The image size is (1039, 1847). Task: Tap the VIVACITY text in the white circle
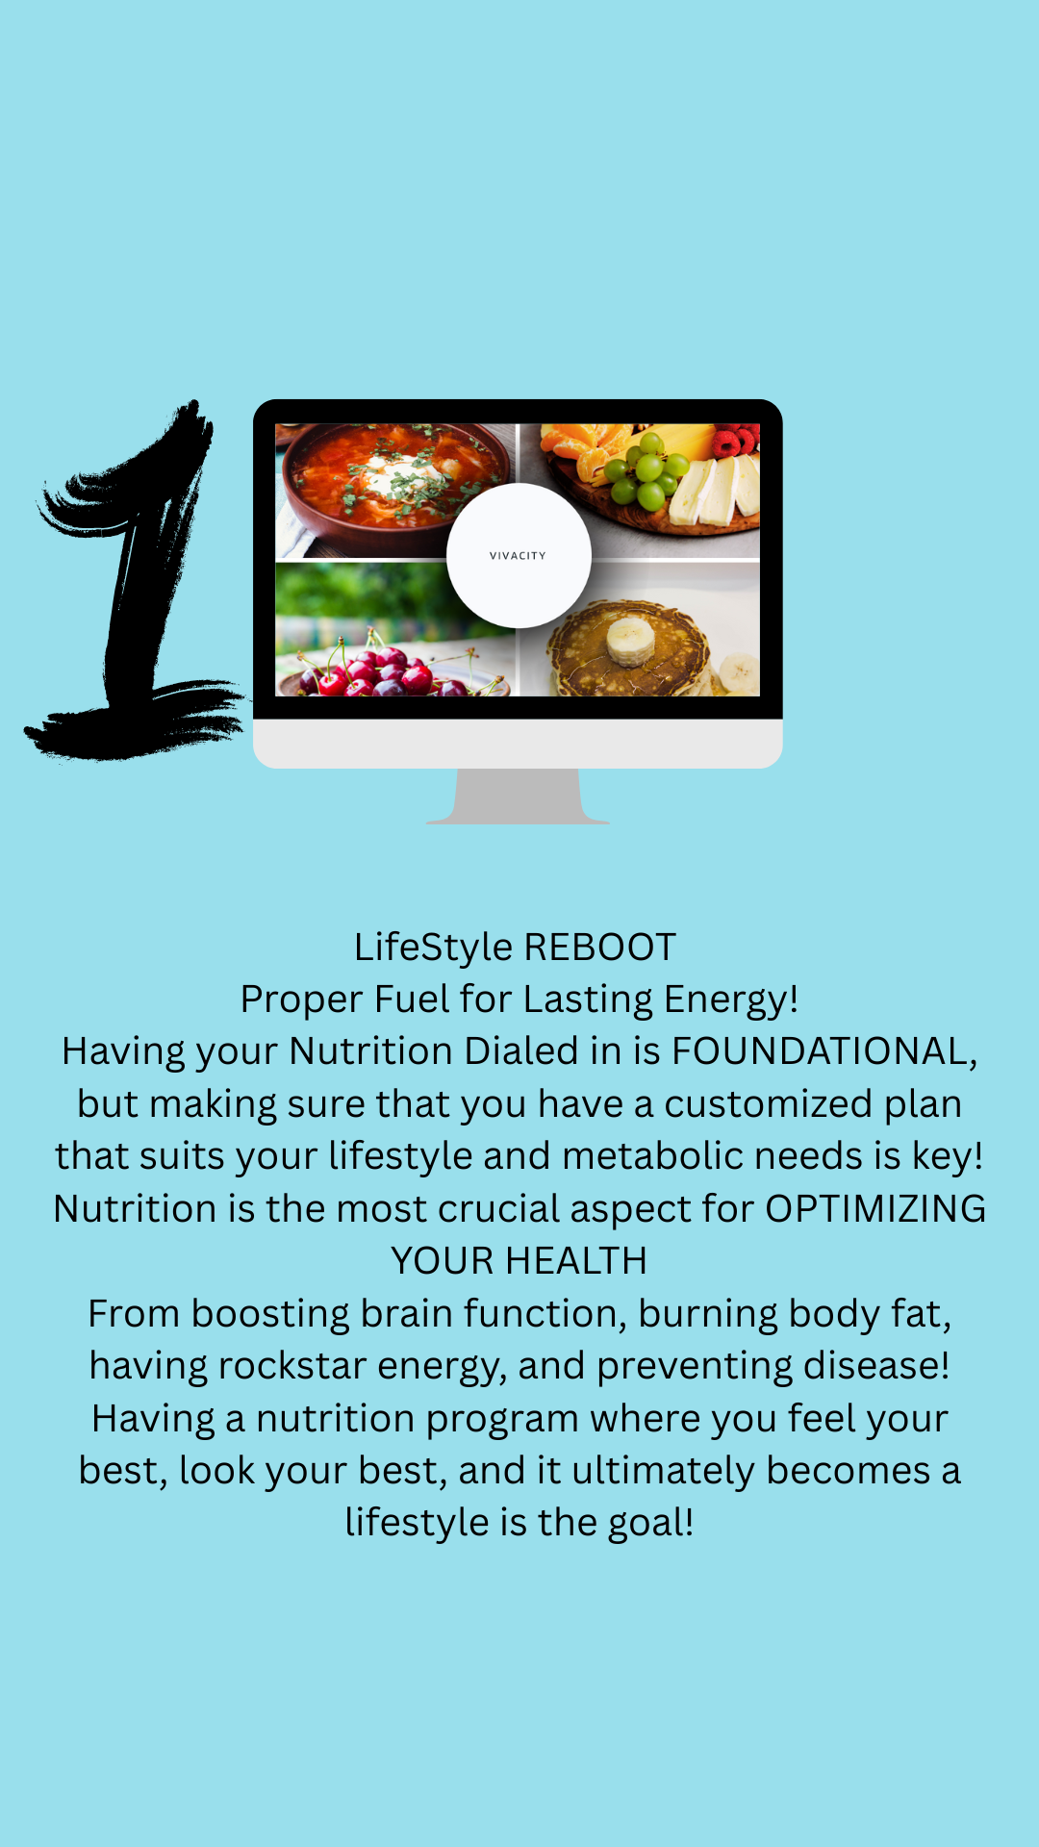(518, 556)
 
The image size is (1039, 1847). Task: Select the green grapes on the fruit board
(646, 469)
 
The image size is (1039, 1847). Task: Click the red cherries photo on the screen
(395, 629)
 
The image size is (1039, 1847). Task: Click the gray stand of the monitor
(518, 797)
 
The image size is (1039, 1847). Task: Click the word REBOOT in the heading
(600, 948)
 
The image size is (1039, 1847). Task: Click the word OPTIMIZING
(875, 1209)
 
